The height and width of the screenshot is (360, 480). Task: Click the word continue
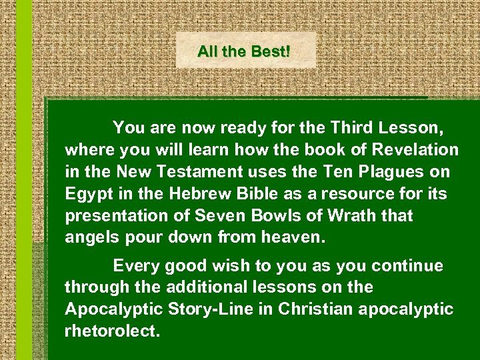point(407,266)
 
